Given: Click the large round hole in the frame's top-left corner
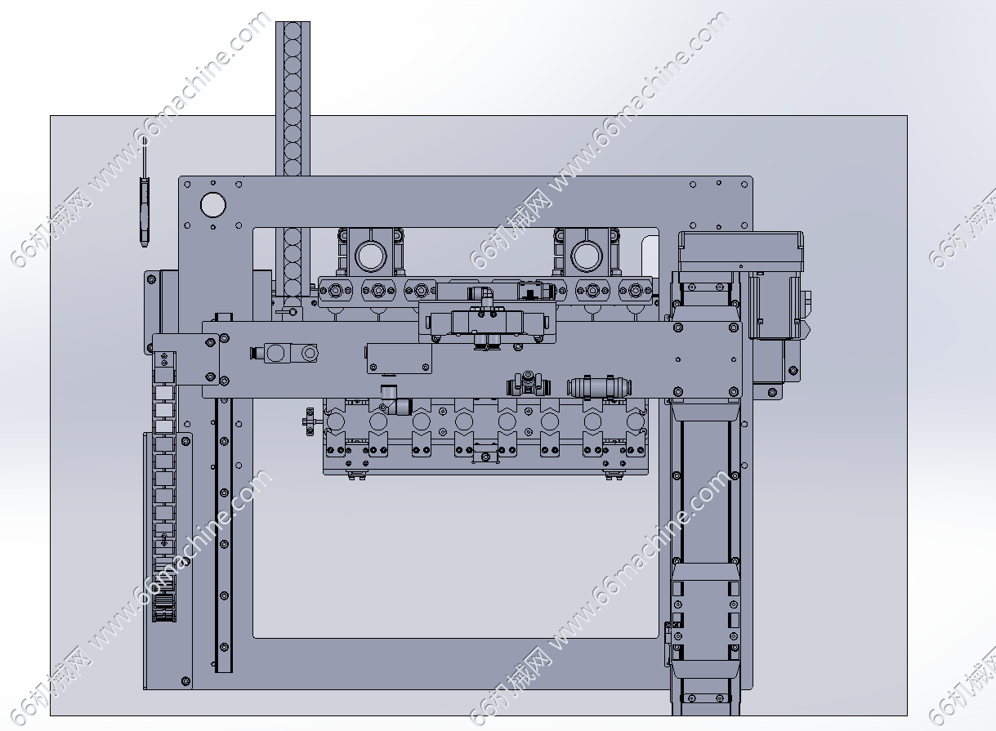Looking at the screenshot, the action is pos(213,205).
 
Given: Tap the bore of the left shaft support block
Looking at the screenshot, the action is pos(370,256).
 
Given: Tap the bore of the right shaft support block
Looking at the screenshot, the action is pos(587,256).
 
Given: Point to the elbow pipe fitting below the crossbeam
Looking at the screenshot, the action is pos(395,401).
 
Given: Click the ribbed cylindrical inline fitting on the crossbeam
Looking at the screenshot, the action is pos(600,387).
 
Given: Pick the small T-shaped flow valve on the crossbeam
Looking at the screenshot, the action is pos(529,384).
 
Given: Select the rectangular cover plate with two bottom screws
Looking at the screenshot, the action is pos(400,359).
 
